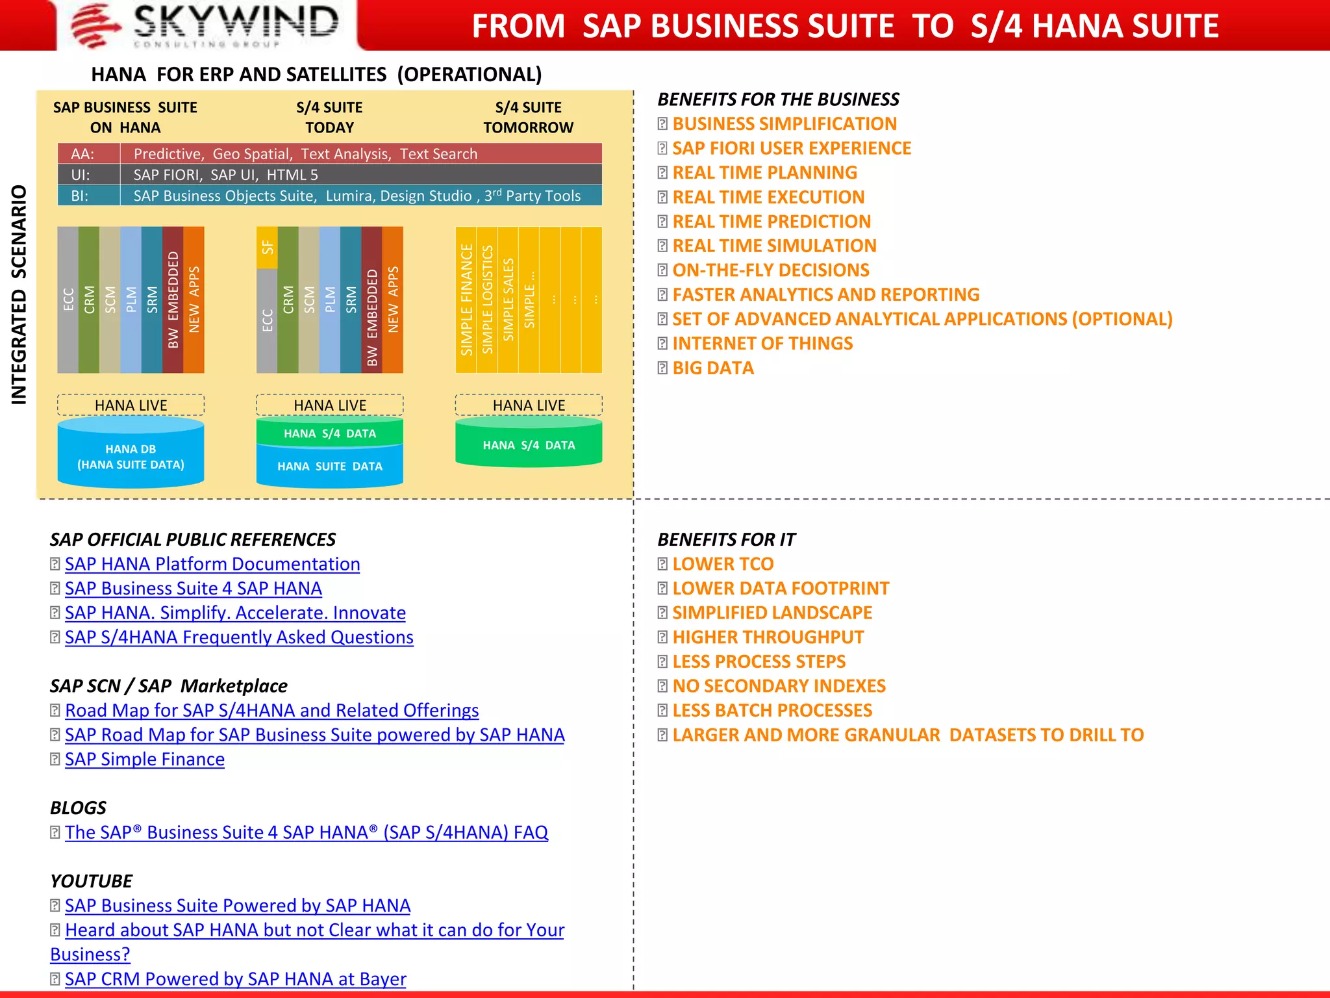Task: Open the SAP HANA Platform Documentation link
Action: [x=212, y=564]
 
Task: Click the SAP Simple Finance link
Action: [x=145, y=760]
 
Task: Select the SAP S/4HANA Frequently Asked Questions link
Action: [x=239, y=637]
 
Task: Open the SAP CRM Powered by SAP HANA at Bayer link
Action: [x=236, y=979]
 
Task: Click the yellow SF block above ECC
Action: [x=267, y=248]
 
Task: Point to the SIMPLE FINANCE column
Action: [x=466, y=300]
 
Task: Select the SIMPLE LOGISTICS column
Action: [x=487, y=300]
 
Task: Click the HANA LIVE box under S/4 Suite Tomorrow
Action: [x=529, y=405]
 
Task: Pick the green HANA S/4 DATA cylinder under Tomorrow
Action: [x=529, y=445]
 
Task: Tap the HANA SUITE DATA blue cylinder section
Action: [x=330, y=467]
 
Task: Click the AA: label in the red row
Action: [x=83, y=154]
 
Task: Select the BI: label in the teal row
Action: [x=80, y=196]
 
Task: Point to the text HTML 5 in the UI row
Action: [x=292, y=175]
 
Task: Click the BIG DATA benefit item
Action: [x=713, y=368]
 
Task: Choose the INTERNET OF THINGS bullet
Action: [x=762, y=344]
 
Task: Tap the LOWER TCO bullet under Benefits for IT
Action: [x=723, y=564]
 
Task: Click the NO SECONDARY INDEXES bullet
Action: [x=779, y=686]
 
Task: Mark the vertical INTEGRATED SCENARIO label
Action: [x=19, y=296]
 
